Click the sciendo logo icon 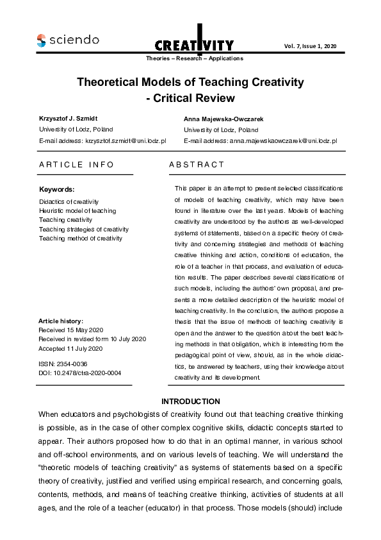point(41,40)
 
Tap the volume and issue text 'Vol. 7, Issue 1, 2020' point(310,46)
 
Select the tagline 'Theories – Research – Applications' point(195,58)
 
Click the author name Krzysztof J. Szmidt point(69,119)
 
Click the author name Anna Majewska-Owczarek point(223,119)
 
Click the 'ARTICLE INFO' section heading point(76,165)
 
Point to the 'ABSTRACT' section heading point(197,165)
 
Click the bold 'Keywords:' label point(57,190)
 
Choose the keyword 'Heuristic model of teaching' point(77,211)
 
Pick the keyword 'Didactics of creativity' point(69,201)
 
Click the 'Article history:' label point(61,321)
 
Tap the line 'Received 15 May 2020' point(71,330)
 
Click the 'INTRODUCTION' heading point(191,401)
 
